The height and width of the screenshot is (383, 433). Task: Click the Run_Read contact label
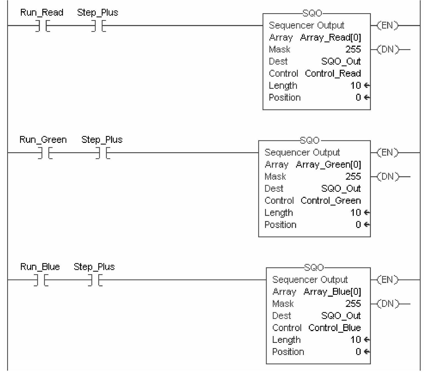point(42,13)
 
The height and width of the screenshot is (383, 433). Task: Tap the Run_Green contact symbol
point(45,153)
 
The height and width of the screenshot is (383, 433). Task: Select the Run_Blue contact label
point(40,267)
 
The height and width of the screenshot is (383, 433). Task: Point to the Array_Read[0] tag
point(330,37)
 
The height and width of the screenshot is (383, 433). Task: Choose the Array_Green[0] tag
point(328,165)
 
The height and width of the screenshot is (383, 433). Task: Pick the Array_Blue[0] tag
point(332,292)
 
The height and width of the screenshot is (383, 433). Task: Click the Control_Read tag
point(333,74)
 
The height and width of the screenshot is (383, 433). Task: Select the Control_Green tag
point(330,201)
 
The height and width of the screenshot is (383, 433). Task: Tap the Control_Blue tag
point(334,328)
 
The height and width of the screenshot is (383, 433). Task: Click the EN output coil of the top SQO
point(387,26)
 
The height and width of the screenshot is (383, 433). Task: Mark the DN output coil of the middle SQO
point(387,177)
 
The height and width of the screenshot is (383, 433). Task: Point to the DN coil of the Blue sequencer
point(387,304)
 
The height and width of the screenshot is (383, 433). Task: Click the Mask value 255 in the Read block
point(353,49)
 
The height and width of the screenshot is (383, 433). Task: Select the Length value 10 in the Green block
point(355,213)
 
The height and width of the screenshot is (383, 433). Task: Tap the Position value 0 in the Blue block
point(358,352)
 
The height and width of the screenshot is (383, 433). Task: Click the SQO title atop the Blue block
point(314,267)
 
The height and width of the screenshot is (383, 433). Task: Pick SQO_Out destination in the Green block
point(341,189)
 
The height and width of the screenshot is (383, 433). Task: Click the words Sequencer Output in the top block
point(306,25)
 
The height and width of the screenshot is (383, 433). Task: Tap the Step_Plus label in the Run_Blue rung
point(94,267)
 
